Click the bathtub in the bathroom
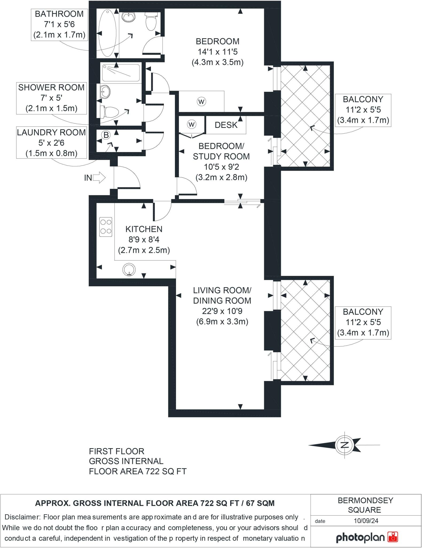point(107,33)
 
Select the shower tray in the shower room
point(121,73)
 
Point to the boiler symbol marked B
point(106,135)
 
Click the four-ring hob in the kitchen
point(106,227)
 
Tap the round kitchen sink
point(129,270)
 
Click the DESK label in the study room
point(226,125)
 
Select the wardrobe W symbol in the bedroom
point(201,102)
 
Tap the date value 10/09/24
point(366,521)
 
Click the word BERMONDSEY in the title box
point(365,500)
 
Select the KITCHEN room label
point(144,229)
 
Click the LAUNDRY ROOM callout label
point(51,132)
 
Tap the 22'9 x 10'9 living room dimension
point(222,311)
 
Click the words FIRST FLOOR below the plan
point(116,451)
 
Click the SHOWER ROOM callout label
point(51,87)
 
